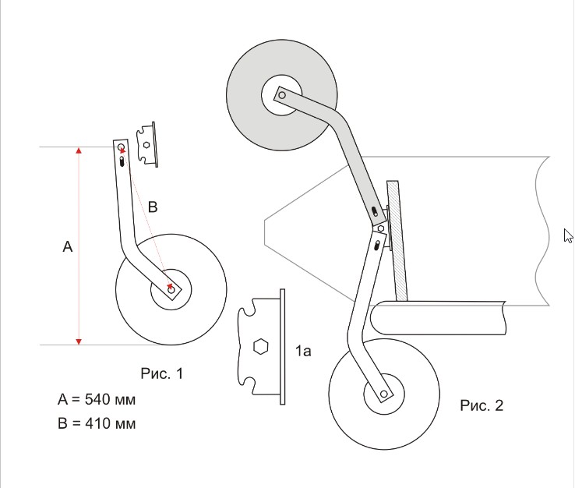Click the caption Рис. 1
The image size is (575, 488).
[x=162, y=373]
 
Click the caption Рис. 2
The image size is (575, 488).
[x=482, y=405]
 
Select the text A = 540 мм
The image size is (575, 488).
[x=97, y=399]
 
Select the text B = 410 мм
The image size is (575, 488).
[x=97, y=423]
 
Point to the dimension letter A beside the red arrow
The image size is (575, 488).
[x=68, y=246]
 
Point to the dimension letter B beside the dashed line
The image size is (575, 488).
[x=153, y=207]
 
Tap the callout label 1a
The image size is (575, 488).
[x=303, y=351]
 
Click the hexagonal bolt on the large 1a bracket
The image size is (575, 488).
[x=261, y=346]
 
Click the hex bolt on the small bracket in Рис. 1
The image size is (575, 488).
[x=146, y=144]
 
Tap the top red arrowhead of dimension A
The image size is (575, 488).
[x=79, y=150]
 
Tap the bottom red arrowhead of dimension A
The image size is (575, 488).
[x=79, y=342]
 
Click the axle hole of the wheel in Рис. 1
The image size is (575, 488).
[x=171, y=290]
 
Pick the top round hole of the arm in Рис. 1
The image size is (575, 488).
[x=121, y=147]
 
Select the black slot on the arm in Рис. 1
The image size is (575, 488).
[x=122, y=161]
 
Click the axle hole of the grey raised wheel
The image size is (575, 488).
[x=282, y=95]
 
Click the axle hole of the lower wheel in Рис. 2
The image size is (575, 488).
[x=384, y=394]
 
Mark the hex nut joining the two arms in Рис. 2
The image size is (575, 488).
[x=381, y=228]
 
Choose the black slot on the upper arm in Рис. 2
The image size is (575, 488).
[x=375, y=212]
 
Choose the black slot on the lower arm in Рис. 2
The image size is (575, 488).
[x=376, y=246]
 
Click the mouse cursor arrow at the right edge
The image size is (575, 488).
[x=568, y=235]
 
